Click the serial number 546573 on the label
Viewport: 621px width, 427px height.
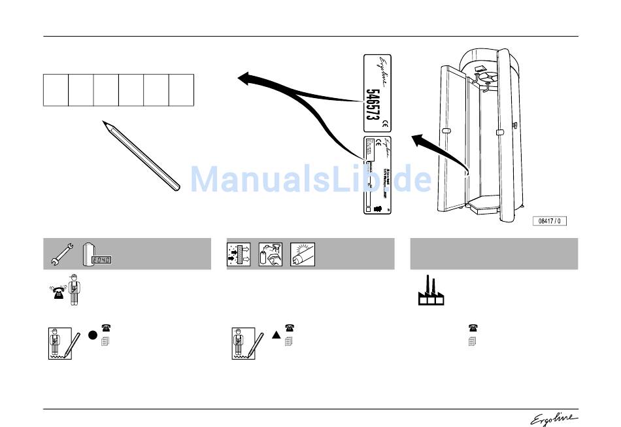click(x=371, y=105)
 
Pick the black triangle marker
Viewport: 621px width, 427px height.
click(x=276, y=334)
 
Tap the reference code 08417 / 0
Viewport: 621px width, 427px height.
click(x=549, y=221)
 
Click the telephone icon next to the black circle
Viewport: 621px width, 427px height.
click(x=105, y=328)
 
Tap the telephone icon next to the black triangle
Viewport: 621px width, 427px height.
click(x=288, y=328)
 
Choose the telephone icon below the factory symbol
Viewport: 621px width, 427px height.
click(x=473, y=328)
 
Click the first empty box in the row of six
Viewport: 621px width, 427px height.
click(x=56, y=90)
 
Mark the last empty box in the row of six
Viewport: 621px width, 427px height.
click(x=181, y=90)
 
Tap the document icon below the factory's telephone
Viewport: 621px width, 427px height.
click(x=473, y=341)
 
